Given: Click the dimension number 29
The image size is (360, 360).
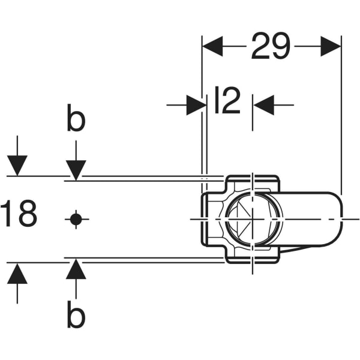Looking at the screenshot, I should point(271,46).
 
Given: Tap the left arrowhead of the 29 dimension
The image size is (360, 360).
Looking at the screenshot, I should point(212,46).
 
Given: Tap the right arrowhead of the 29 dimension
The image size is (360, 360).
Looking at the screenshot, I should point(331,46).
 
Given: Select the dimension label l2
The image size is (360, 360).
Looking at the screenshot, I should point(227,101).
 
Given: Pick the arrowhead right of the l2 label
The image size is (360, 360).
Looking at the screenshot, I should point(263,105).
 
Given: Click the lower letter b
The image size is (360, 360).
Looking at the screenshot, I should point(76,316).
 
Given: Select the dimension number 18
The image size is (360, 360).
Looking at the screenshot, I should point(19,215).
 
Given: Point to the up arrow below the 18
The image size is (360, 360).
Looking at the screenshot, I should point(17,274).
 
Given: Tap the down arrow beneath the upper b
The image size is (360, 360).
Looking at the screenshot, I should point(76,169).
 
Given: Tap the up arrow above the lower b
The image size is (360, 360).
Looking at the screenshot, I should point(76,269).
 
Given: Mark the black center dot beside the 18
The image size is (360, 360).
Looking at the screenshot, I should point(76,219).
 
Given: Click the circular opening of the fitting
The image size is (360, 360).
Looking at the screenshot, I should point(253,219).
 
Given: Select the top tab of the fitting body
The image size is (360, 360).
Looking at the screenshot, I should point(252,182).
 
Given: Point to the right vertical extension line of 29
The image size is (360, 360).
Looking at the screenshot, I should point(341,120).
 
